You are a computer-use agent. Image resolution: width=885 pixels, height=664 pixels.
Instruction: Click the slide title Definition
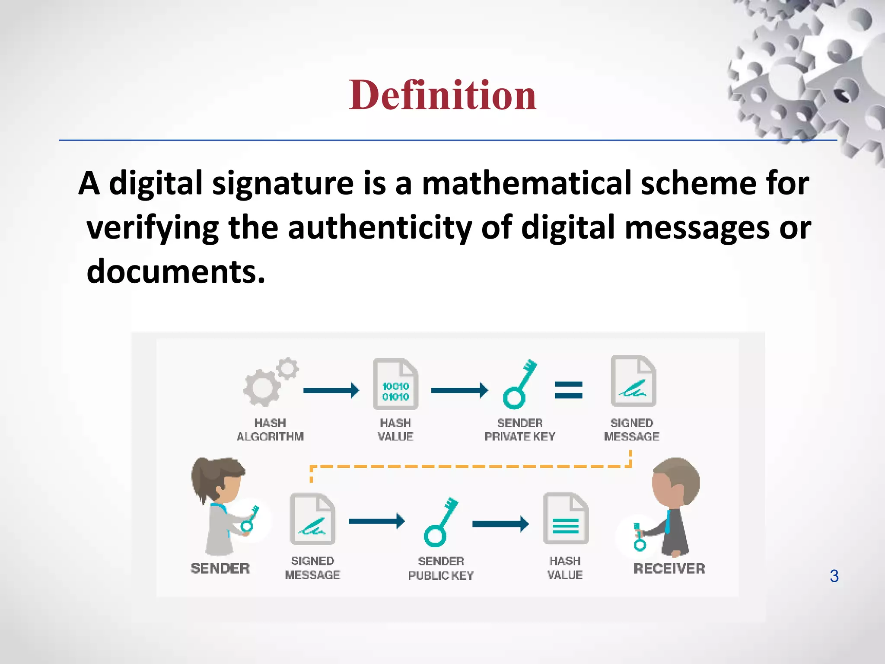(442, 95)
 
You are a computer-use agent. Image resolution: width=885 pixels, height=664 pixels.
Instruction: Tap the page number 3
(834, 576)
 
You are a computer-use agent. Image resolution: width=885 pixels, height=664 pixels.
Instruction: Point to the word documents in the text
(175, 272)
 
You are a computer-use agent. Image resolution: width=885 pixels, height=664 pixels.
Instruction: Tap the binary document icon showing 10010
(395, 384)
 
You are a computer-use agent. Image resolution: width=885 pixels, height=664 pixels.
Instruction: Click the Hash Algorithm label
(270, 430)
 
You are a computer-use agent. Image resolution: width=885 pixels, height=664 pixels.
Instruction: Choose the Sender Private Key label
(520, 430)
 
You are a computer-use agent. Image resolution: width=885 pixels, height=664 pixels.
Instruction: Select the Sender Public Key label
(441, 568)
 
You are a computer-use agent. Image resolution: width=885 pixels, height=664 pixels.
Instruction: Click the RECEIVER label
(669, 568)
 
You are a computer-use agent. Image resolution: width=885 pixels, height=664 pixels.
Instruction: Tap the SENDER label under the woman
(220, 568)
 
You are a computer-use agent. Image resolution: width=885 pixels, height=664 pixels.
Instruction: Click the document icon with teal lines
(566, 518)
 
